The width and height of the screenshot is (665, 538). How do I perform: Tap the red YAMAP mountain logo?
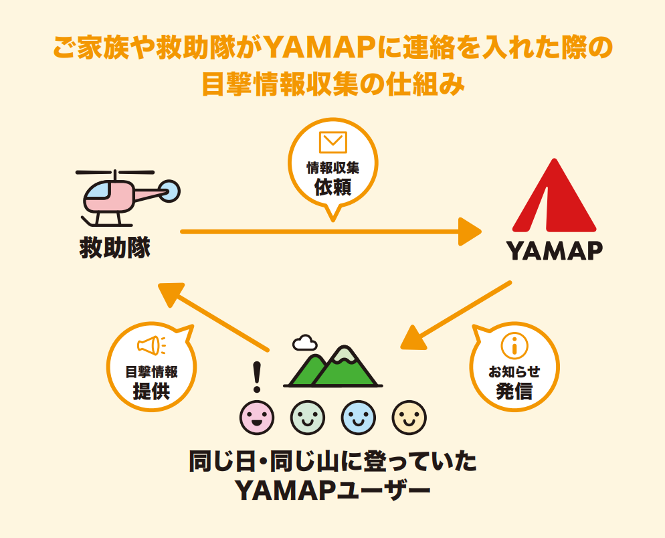[x=555, y=195]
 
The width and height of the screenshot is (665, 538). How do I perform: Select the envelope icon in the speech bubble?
[x=333, y=142]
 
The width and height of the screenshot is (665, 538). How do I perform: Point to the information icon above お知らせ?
[x=514, y=345]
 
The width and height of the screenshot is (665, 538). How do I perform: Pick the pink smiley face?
[x=257, y=418]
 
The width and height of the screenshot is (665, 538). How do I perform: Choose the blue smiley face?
[x=359, y=418]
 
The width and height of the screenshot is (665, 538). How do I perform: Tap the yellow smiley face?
[x=409, y=418]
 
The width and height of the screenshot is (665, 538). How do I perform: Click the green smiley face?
[x=308, y=418]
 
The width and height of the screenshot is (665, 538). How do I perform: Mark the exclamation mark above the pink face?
[x=257, y=377]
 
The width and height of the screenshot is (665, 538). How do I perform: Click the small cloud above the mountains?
[x=304, y=343]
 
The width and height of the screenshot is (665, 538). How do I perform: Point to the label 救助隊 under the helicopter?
[x=115, y=248]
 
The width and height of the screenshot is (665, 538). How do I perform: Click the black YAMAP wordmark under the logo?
[x=555, y=250]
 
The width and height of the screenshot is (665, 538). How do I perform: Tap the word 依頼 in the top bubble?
[x=333, y=187]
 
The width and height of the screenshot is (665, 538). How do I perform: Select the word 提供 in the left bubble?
[x=151, y=391]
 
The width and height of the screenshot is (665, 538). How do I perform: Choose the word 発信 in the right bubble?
[x=514, y=391]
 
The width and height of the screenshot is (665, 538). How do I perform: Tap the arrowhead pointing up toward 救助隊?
[x=171, y=293]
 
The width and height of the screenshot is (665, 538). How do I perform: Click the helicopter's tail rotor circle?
[x=170, y=191]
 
